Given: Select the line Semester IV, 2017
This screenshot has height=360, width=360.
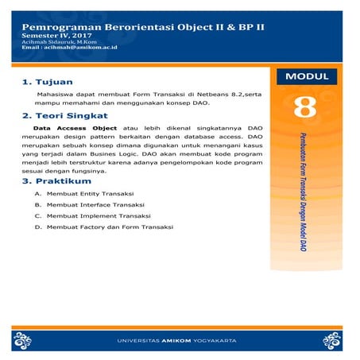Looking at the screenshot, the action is tap(57, 37).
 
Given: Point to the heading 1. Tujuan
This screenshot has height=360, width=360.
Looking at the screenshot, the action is tap(48, 81).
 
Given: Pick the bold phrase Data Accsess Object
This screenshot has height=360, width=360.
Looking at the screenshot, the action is tap(70, 127).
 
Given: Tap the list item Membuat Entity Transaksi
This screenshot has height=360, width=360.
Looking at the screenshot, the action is tap(90, 194).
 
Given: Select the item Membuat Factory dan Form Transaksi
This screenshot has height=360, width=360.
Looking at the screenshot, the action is tap(109, 226).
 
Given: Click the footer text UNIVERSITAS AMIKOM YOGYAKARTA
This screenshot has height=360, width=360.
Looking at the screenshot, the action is tap(180, 341).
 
